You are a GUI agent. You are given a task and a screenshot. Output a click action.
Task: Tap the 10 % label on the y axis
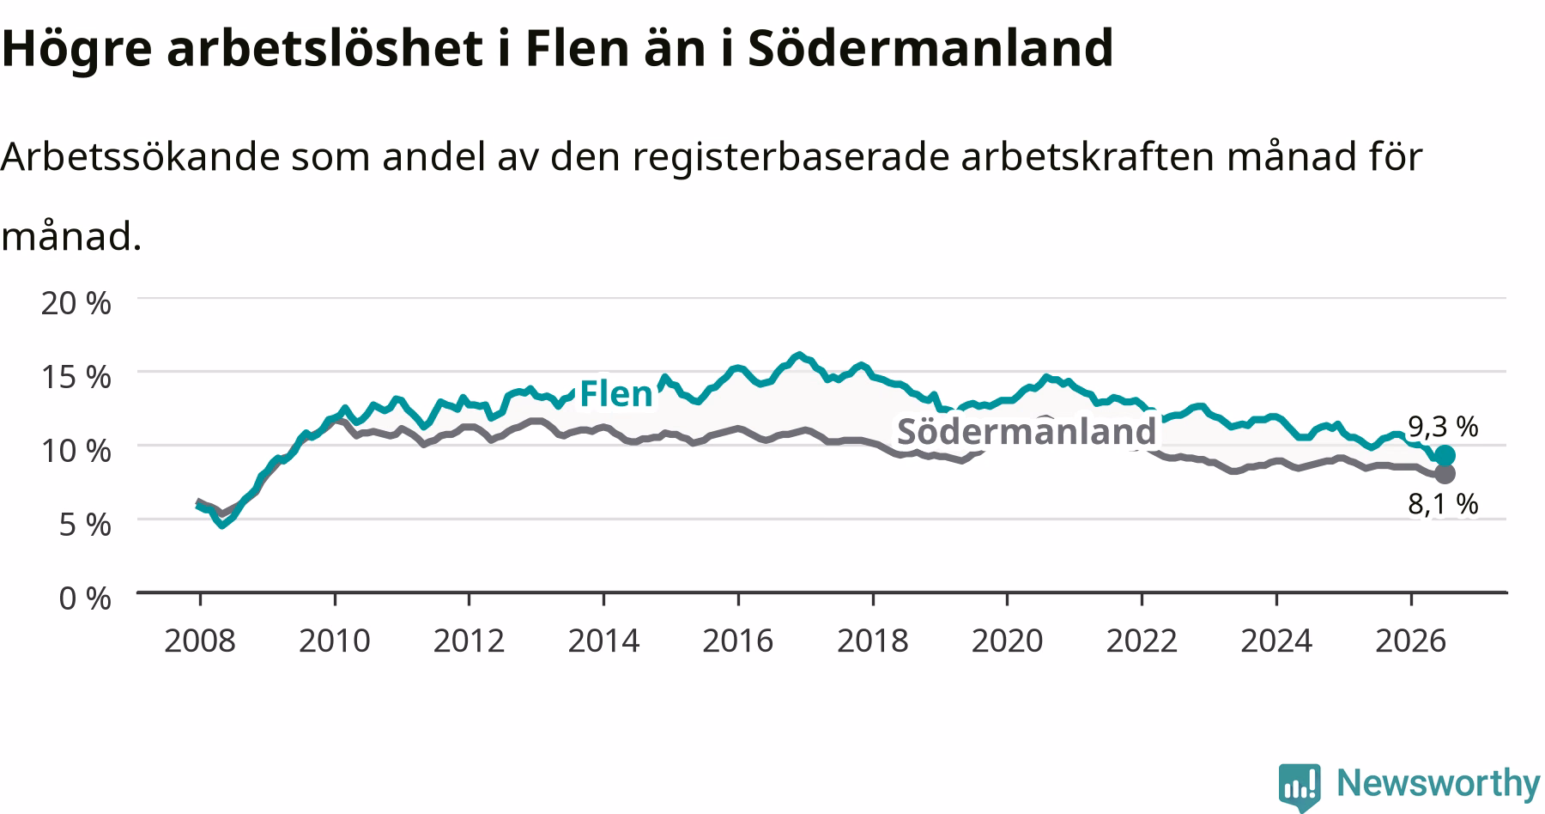click(x=76, y=450)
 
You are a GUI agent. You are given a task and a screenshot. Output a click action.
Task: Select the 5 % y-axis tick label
click(x=85, y=524)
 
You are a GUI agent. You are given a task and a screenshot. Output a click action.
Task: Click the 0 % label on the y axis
click(x=85, y=598)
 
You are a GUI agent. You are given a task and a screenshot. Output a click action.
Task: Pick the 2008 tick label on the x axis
click(x=200, y=641)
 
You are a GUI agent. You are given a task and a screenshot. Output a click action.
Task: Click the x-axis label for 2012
click(x=469, y=641)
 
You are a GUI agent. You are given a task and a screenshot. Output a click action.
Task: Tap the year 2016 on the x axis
click(x=738, y=641)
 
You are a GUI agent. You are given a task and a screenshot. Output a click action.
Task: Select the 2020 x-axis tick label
click(x=1007, y=641)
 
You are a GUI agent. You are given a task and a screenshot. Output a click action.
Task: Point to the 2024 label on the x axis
click(x=1276, y=641)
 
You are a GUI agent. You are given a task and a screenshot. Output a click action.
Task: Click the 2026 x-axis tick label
click(x=1411, y=641)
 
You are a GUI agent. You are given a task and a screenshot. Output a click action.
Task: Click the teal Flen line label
click(x=616, y=394)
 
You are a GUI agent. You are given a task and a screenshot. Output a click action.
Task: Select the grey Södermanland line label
click(x=1027, y=431)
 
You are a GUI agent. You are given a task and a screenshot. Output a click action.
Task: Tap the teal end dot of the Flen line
click(x=1445, y=455)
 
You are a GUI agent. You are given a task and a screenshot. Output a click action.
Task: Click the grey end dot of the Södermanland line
click(x=1445, y=473)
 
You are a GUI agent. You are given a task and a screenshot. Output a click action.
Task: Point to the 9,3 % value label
click(x=1443, y=426)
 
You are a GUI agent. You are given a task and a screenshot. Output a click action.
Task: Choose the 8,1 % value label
click(x=1443, y=504)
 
